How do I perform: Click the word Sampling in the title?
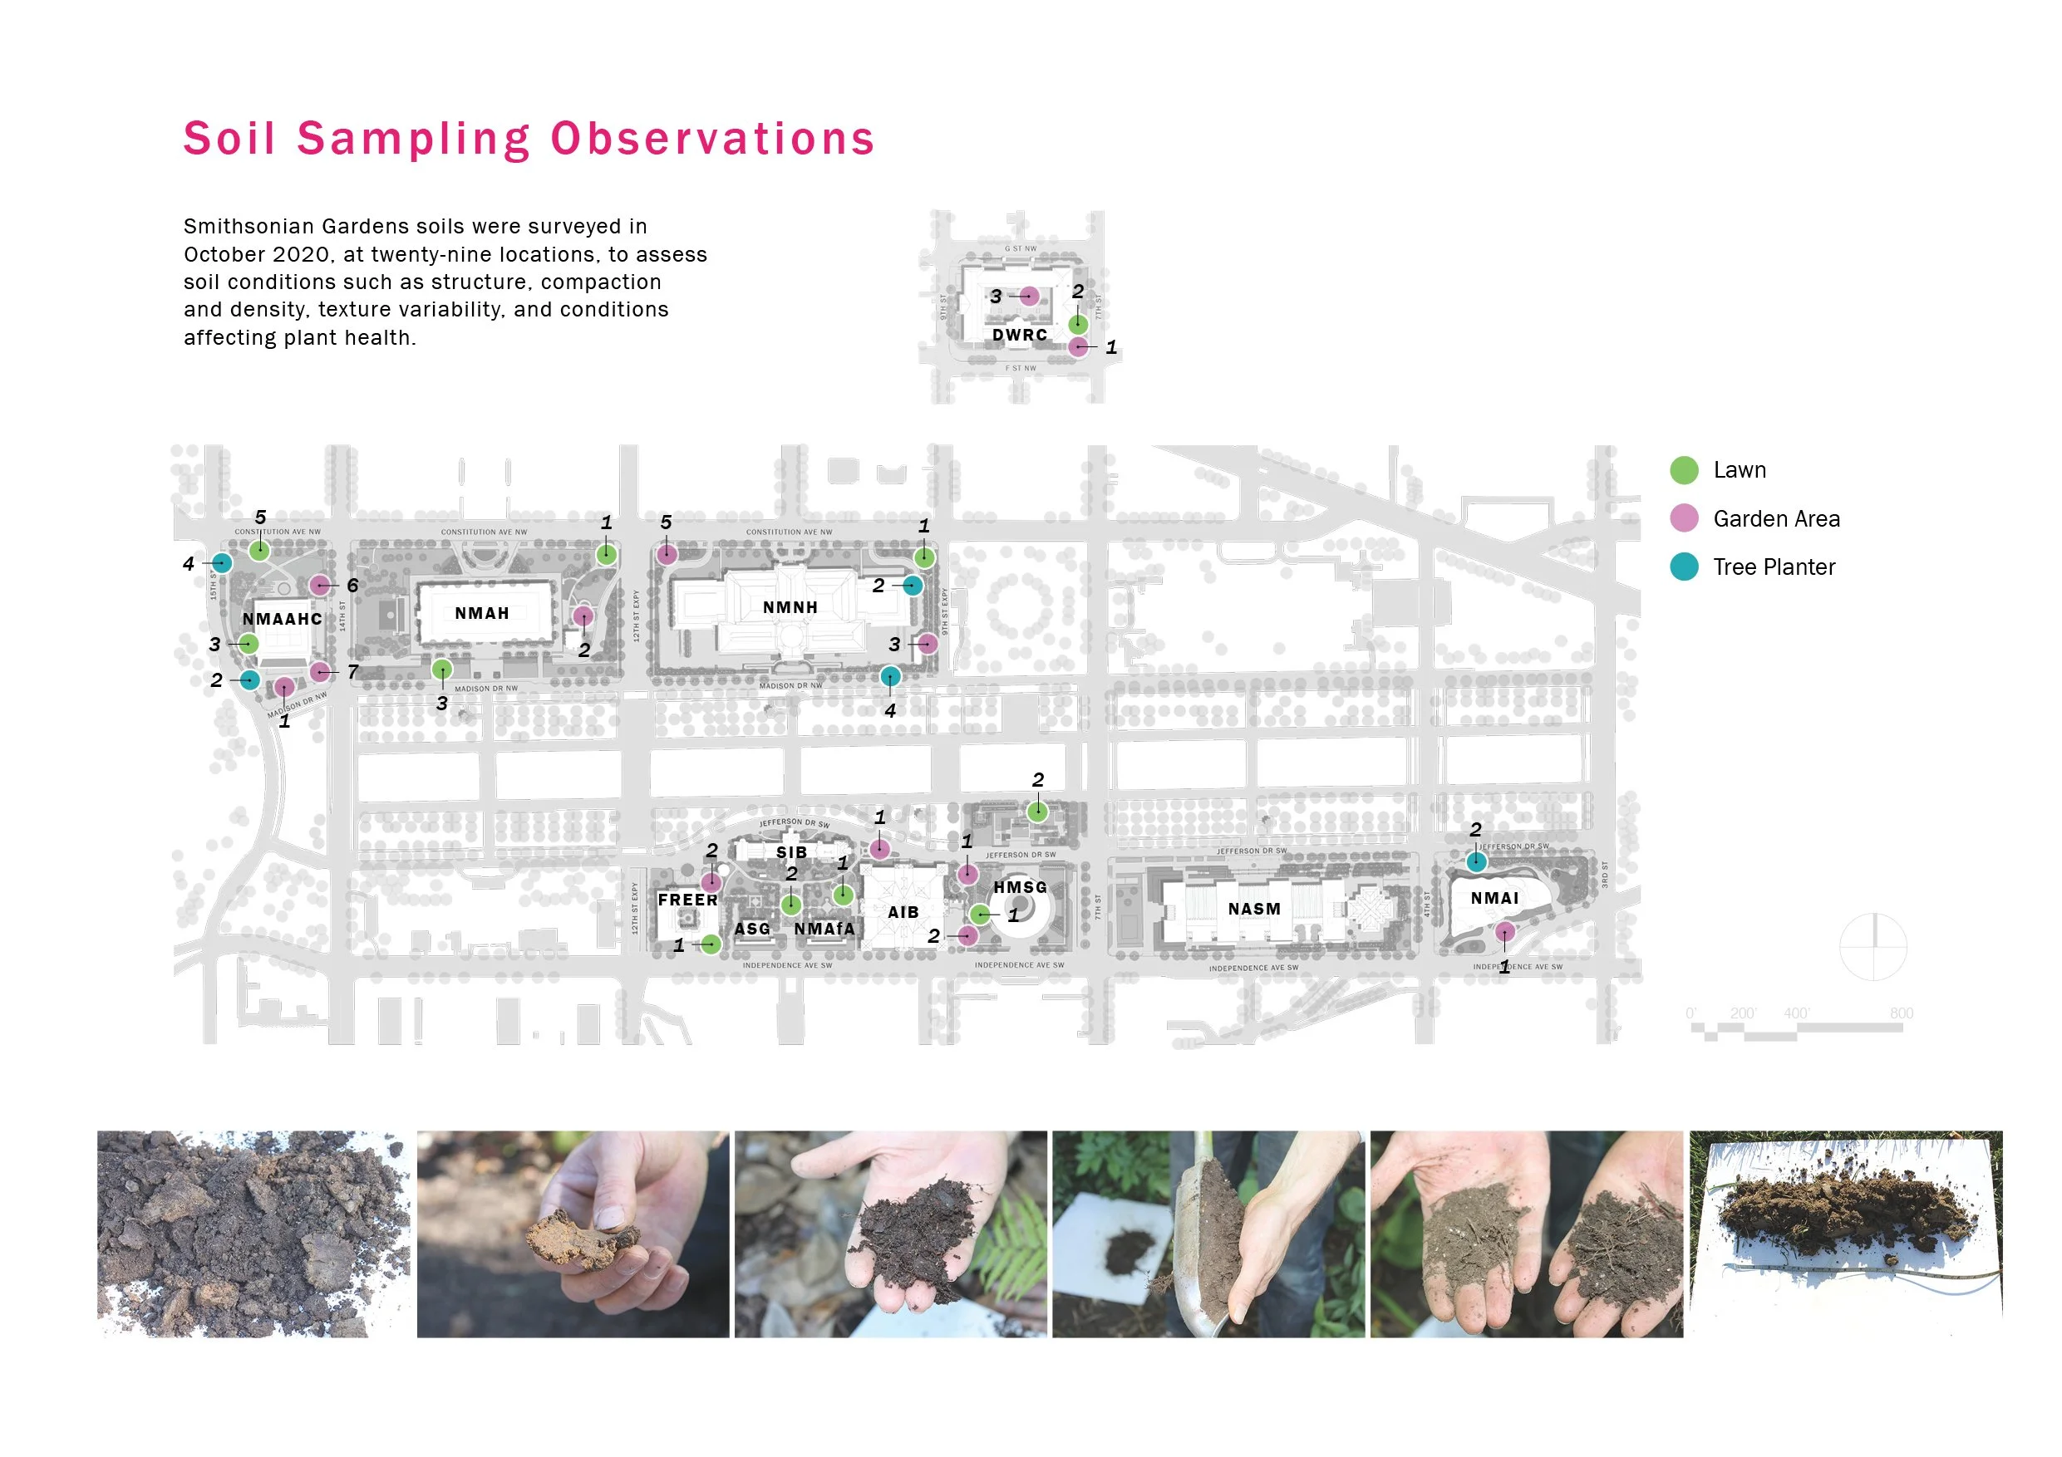pyautogui.click(x=414, y=140)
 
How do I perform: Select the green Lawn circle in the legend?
pyautogui.click(x=1684, y=469)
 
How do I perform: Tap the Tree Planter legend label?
pyautogui.click(x=1774, y=567)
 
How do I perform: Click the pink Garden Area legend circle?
pyautogui.click(x=1684, y=518)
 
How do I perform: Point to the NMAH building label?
pyautogui.click(x=482, y=614)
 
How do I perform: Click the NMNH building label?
pyautogui.click(x=790, y=608)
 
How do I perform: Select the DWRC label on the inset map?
pyautogui.click(x=1019, y=335)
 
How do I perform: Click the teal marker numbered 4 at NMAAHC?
pyautogui.click(x=222, y=563)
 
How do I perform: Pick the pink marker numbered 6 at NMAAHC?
pyautogui.click(x=320, y=586)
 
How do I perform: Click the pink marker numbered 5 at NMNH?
pyautogui.click(x=667, y=554)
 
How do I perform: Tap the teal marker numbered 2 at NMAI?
pyautogui.click(x=1476, y=861)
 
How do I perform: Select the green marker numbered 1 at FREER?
pyautogui.click(x=711, y=944)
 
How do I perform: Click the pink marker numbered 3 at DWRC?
pyautogui.click(x=1029, y=297)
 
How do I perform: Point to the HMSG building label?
pyautogui.click(x=1021, y=887)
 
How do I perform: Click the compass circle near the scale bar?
pyautogui.click(x=1873, y=947)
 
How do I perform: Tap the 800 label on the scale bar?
pyautogui.click(x=1902, y=1013)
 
